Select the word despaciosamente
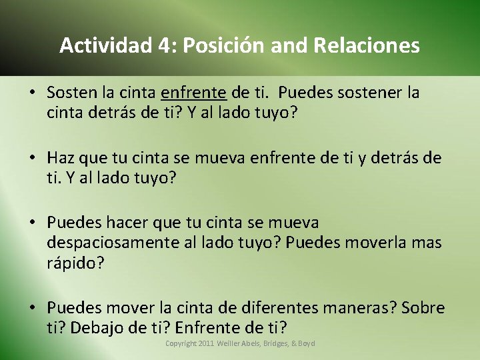113,243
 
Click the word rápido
75,263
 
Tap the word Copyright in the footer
181,343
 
